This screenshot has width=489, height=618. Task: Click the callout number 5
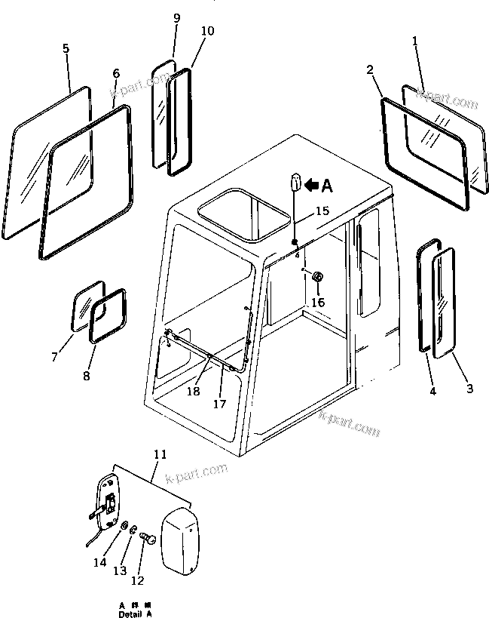coord(66,48)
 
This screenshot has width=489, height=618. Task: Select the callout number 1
coord(414,41)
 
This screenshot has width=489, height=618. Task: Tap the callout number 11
coord(159,454)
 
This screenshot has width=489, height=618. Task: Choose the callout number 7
coord(54,355)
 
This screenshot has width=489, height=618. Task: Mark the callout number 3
coord(469,389)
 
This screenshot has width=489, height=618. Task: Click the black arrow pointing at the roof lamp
coord(310,183)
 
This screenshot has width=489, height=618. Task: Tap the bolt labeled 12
coord(148,540)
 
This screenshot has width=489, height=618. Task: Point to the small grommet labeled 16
coord(317,278)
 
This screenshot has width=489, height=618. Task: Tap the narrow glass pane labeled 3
coord(444,300)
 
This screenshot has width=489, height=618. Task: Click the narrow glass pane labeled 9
coord(160,115)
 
